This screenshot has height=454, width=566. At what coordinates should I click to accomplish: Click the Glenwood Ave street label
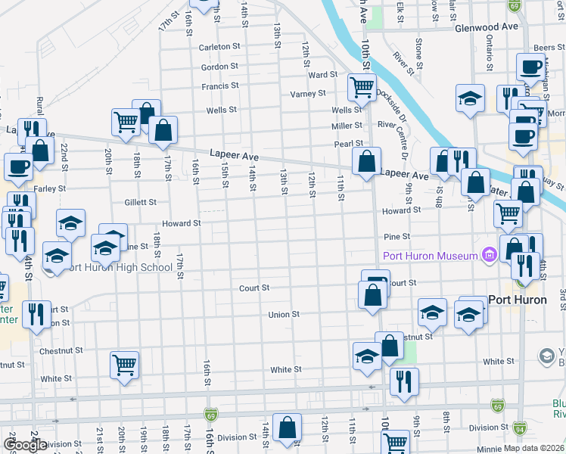pos(486,26)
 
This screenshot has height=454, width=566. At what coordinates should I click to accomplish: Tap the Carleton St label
pos(219,46)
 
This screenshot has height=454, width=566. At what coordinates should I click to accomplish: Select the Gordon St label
pos(220,67)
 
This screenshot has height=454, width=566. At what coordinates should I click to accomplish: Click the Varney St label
pos(308,94)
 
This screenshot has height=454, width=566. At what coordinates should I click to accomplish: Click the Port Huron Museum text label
pos(430,256)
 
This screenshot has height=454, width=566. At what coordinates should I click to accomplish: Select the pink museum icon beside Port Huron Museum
pos(489,256)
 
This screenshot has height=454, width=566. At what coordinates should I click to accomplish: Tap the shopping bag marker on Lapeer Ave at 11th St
pos(366,161)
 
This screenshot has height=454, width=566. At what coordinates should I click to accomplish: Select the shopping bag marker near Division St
pos(288,428)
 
